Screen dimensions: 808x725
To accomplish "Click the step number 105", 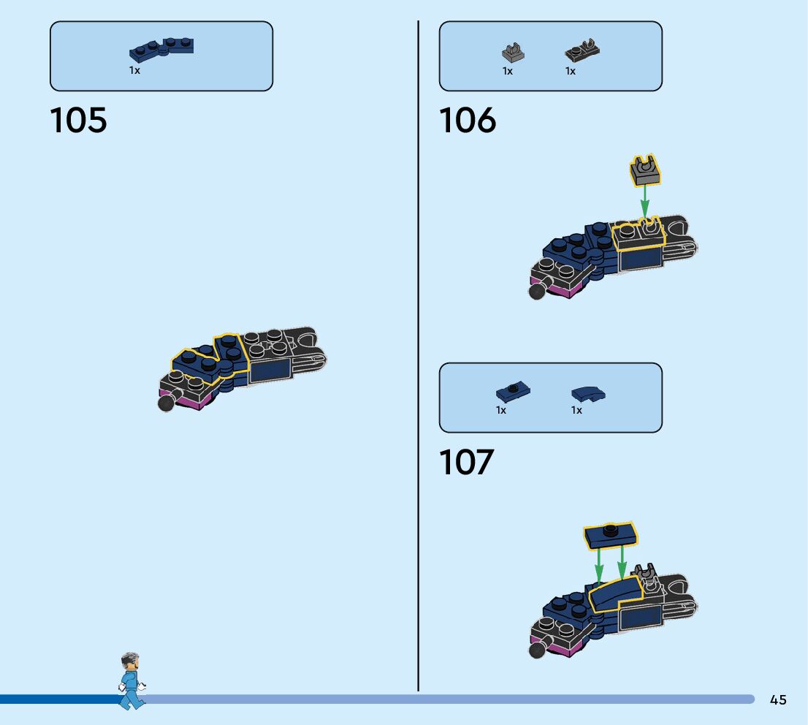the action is tap(78, 120).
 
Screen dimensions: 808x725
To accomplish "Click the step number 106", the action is tap(467, 120).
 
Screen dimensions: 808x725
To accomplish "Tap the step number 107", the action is tap(466, 463).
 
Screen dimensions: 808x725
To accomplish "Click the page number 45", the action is tap(778, 700).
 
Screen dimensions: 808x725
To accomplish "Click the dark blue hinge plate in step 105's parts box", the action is tap(161, 48).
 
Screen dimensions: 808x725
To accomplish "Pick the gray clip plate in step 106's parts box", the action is tap(514, 52).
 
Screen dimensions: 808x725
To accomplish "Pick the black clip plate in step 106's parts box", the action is tap(582, 51).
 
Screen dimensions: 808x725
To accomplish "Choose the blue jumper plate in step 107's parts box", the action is tap(513, 392).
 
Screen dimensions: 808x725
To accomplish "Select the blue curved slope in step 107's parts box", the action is tap(588, 394).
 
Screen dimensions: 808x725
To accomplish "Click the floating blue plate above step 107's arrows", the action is tap(611, 535).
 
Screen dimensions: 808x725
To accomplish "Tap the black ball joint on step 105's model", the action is tap(166, 403).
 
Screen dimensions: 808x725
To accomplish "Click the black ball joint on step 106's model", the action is tap(536, 292).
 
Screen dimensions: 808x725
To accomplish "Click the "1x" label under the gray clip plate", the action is tap(508, 71).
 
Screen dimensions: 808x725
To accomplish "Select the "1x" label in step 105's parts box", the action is tap(135, 71).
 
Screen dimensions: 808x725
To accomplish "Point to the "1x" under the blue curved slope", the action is tap(576, 410).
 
